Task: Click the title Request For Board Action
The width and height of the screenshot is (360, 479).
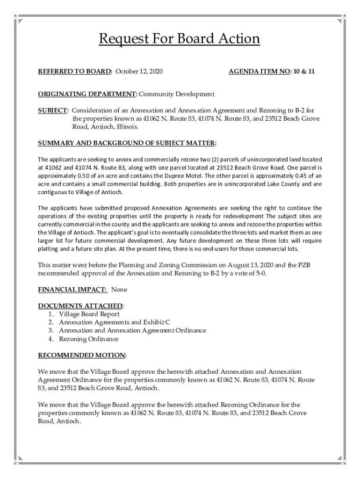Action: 179,38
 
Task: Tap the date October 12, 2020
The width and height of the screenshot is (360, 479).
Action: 139,72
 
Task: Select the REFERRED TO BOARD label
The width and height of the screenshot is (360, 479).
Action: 75,72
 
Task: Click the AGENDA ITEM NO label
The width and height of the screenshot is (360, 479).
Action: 259,72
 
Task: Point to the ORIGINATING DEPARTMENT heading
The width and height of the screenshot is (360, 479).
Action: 87,94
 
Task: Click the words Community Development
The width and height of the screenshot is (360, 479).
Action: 176,94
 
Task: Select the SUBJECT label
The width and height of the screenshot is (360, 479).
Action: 53,110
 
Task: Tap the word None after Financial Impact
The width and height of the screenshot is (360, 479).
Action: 119,290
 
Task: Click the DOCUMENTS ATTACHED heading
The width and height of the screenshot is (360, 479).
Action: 80,306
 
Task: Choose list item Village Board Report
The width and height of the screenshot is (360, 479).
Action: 89,314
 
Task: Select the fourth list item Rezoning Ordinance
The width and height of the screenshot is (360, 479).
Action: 88,339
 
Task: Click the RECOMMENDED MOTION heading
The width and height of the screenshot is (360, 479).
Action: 82,355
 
